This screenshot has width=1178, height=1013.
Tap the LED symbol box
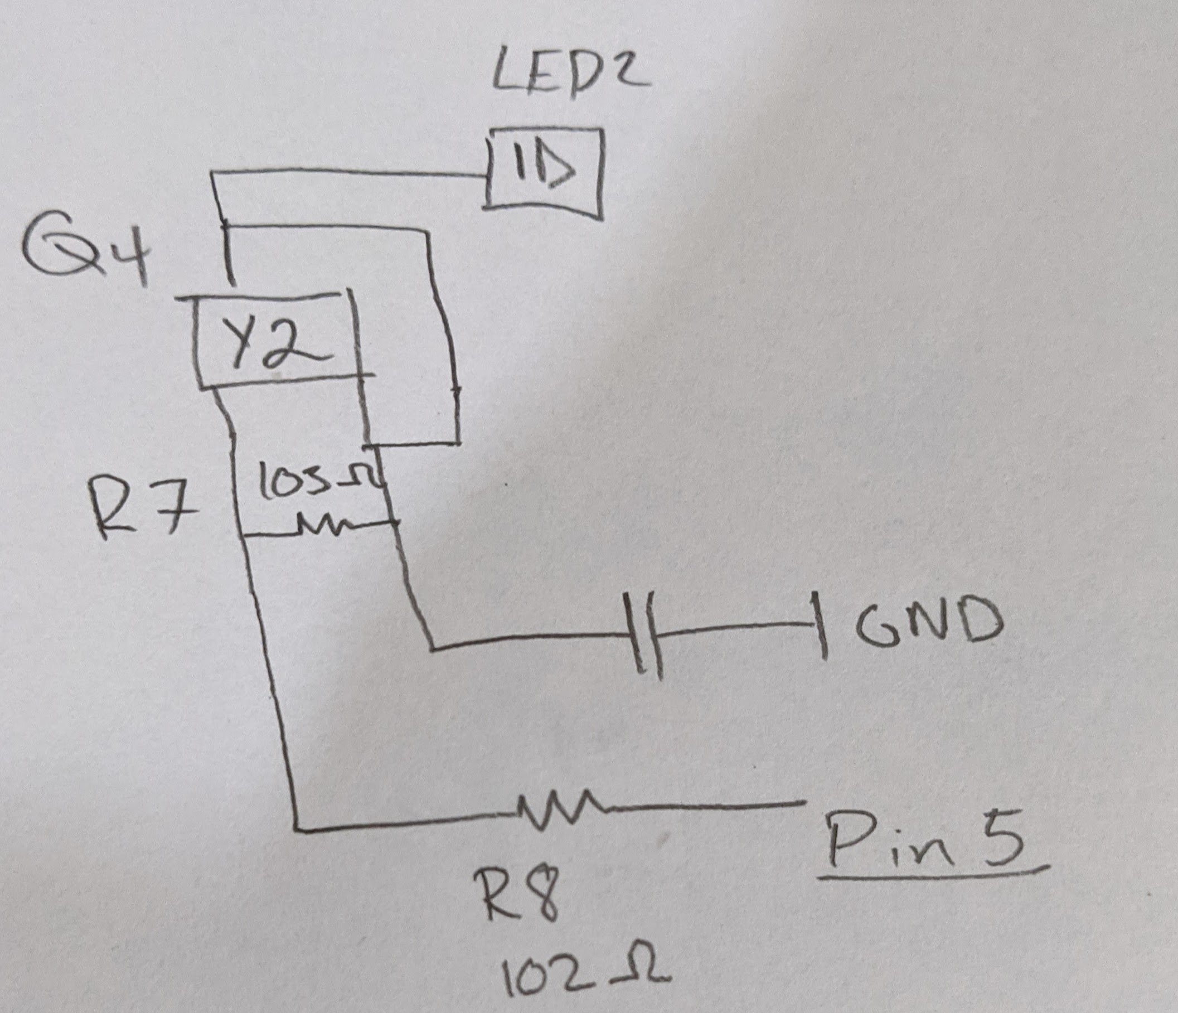pos(544,173)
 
